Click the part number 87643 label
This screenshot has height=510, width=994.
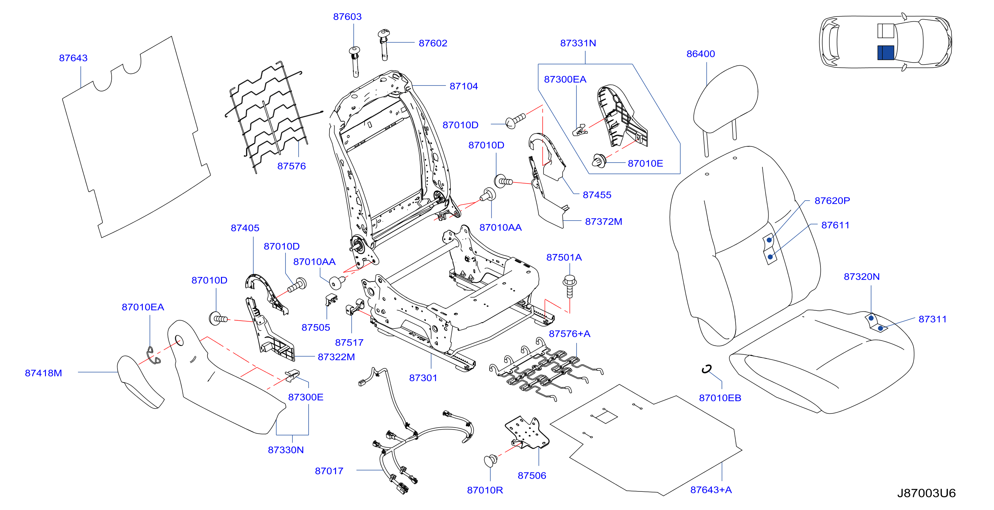pyautogui.click(x=73, y=58)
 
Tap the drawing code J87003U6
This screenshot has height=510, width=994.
pyautogui.click(x=926, y=493)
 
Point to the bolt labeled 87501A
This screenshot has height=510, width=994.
pyautogui.click(x=570, y=286)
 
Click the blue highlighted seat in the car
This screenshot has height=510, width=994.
pyautogui.click(x=885, y=53)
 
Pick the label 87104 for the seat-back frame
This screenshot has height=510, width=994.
pyautogui.click(x=464, y=86)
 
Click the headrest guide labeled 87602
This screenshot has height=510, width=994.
pyautogui.click(x=383, y=44)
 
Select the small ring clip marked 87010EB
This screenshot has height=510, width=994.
pyautogui.click(x=706, y=369)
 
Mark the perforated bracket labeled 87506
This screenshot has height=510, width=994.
pyautogui.click(x=527, y=432)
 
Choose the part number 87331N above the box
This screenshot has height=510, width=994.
pyautogui.click(x=578, y=43)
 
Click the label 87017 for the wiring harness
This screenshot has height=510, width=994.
pyautogui.click(x=329, y=471)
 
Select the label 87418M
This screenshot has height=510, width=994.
pyautogui.click(x=43, y=373)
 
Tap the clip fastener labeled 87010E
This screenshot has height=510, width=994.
pyautogui.click(x=599, y=160)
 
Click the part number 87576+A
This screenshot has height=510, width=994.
pyautogui.click(x=570, y=334)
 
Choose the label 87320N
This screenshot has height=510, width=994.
pyautogui.click(x=862, y=276)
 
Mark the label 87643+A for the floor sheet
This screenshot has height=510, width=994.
pyautogui.click(x=711, y=489)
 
